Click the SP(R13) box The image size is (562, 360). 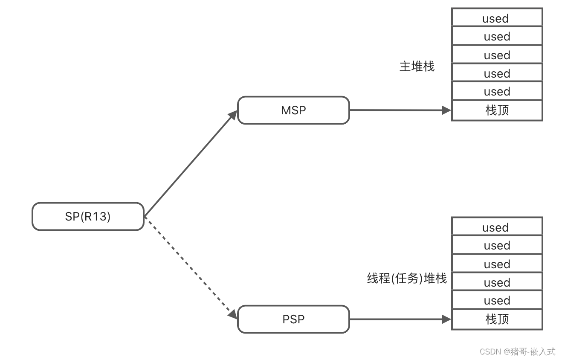point(88,217)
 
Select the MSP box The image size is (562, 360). point(293,110)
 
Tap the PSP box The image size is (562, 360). point(293,319)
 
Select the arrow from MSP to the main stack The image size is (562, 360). point(400,110)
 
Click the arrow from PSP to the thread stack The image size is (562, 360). point(400,319)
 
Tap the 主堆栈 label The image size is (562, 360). point(417,67)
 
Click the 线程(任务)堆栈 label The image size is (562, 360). point(406,279)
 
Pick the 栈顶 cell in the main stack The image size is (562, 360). point(497,110)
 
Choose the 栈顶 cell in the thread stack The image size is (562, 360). point(497,319)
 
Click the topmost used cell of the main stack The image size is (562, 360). point(497,18)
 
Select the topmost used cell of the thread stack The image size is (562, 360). point(497,227)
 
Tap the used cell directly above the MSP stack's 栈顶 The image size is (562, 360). point(497,91)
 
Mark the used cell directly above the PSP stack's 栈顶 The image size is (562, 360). point(497,300)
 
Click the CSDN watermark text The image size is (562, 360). point(517,351)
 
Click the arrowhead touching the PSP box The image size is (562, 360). point(233,314)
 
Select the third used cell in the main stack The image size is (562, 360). point(497,55)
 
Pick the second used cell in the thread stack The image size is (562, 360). point(497,245)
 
